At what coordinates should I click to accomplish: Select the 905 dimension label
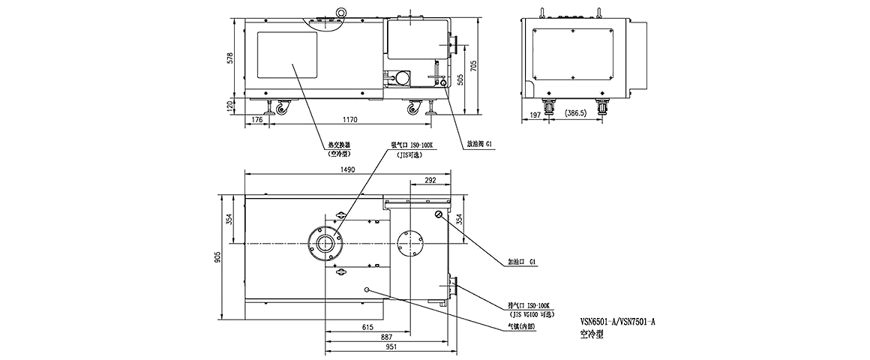click(218, 254)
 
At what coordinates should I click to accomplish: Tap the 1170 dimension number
click(351, 119)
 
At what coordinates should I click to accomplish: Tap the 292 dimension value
click(430, 180)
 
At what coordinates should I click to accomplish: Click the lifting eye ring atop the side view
click(342, 11)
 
